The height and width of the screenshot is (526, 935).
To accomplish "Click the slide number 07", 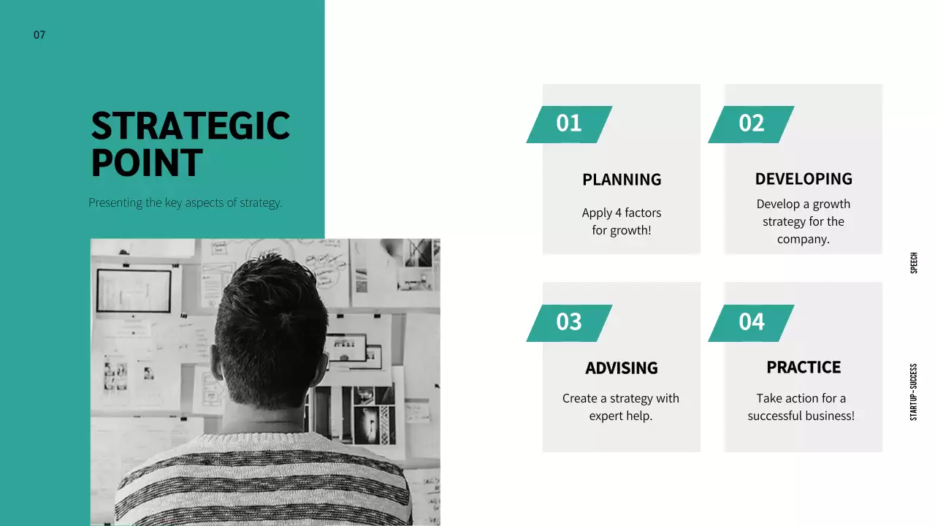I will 39,34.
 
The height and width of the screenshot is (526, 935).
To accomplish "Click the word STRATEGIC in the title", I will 190,126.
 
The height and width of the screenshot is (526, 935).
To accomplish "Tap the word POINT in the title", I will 146,163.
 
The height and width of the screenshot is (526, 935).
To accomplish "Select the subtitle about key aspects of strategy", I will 185,202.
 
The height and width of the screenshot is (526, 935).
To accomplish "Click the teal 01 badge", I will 569,123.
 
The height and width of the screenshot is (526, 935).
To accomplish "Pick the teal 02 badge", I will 751,123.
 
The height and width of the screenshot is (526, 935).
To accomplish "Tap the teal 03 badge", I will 569,322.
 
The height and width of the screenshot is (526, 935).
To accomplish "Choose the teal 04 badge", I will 751,322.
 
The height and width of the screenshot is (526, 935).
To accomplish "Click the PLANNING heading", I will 622,180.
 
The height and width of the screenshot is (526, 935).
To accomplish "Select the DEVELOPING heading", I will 804,179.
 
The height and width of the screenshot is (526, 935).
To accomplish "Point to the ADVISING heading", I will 622,368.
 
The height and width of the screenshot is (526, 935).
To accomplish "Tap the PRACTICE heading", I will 804,367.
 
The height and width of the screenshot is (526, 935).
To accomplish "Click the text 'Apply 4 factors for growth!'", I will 622,221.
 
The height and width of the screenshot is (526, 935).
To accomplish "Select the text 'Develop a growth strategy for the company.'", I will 804,221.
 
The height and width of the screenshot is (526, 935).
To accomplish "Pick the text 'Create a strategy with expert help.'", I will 621,407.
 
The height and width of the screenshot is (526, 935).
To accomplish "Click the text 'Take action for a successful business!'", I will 801,407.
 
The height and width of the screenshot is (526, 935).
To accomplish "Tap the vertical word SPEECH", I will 914,263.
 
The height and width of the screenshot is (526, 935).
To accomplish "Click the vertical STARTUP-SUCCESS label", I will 914,392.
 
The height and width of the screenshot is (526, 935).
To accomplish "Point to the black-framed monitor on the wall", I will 134,291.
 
